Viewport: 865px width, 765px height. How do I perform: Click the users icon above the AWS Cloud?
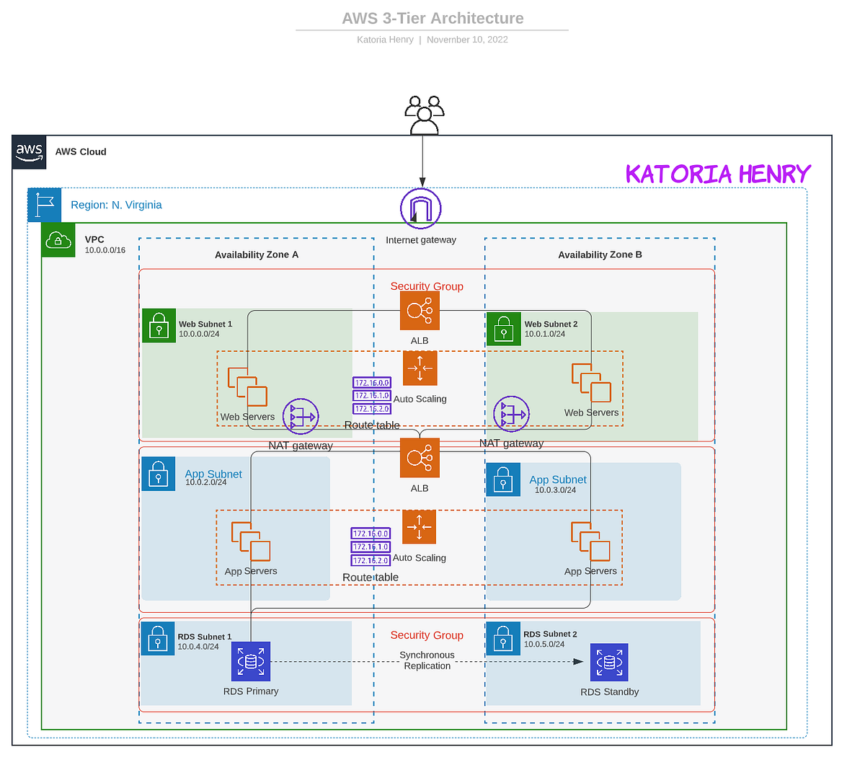(424, 115)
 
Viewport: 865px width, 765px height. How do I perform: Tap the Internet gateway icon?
(421, 209)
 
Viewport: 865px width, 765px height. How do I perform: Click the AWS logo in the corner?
(29, 152)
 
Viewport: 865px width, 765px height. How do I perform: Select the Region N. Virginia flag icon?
(45, 205)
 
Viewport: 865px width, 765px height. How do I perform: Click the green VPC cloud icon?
(58, 240)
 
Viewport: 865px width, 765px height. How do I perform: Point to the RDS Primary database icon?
(251, 661)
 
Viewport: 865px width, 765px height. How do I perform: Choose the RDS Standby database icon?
(609, 662)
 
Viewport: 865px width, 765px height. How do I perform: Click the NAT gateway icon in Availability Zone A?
(301, 417)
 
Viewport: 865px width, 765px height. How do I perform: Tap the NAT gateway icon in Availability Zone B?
(511, 414)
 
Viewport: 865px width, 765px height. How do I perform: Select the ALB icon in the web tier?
(420, 311)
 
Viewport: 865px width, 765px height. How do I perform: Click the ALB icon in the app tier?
(420, 458)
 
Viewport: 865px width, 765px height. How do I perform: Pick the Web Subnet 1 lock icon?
(159, 326)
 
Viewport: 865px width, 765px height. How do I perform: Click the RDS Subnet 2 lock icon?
(503, 638)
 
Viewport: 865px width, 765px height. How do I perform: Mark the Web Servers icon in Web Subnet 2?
(591, 383)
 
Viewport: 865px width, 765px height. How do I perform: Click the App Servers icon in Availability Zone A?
(251, 541)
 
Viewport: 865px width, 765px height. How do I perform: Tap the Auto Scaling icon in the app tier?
(420, 527)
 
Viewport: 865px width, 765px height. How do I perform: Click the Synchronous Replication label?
(427, 660)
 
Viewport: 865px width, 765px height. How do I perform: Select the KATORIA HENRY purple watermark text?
(718, 174)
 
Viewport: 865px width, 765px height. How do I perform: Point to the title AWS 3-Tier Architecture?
(432, 19)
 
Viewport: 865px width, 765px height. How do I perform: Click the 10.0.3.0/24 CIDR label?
(555, 490)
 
